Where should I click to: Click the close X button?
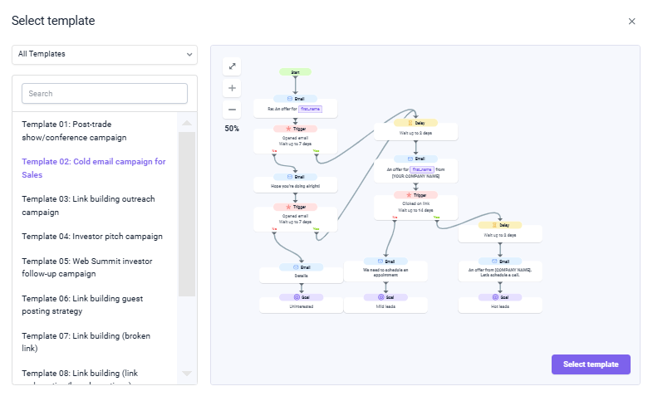click(631, 22)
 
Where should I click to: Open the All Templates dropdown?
click(105, 54)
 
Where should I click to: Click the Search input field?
click(105, 94)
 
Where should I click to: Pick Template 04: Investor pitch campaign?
click(92, 237)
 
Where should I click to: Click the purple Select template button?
click(591, 364)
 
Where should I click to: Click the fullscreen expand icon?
click(232, 66)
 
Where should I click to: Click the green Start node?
click(295, 72)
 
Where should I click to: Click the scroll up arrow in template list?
click(187, 123)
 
